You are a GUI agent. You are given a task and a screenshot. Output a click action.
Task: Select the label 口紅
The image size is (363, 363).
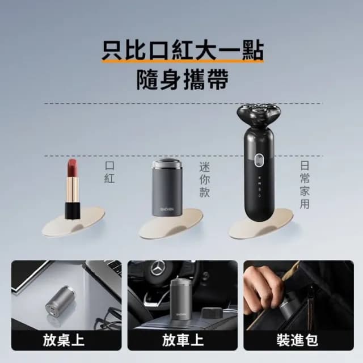click(109, 172)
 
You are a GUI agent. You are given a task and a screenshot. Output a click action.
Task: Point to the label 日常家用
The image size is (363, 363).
click(305, 184)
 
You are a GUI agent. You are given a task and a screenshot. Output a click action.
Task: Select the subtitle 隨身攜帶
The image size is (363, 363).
click(181, 81)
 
